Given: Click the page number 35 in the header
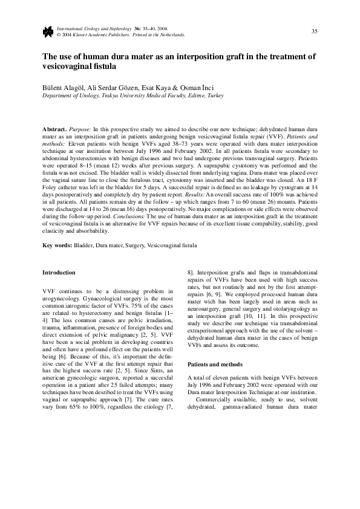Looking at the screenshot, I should pos(315,31).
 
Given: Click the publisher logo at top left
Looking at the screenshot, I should pos(47,31).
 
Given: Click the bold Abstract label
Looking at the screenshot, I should pos(54,129).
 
